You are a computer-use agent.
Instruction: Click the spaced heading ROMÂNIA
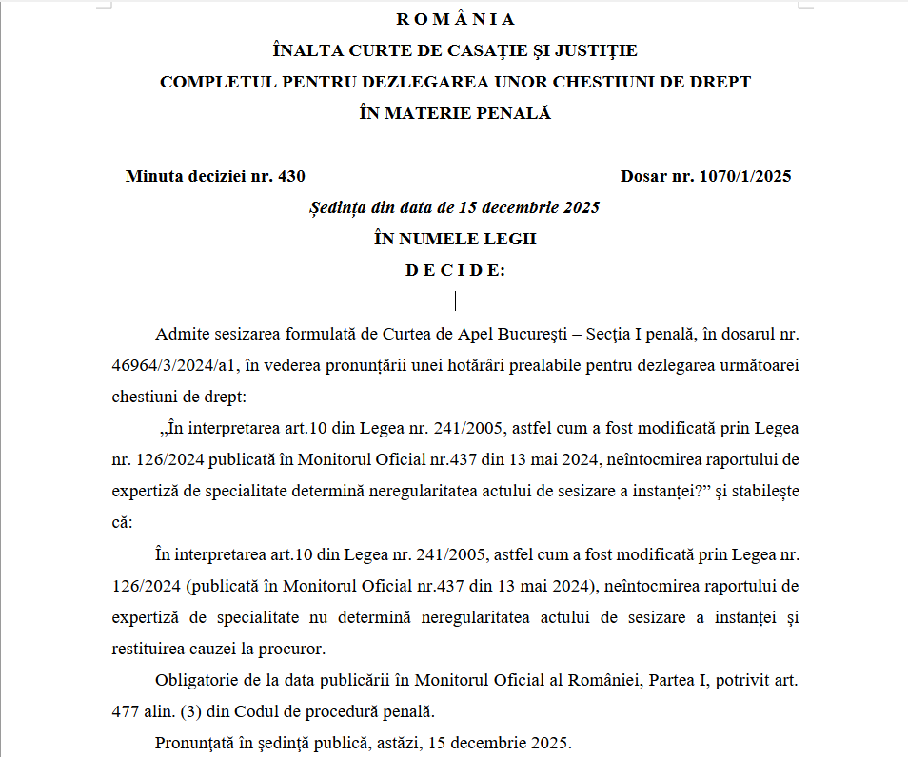point(455,19)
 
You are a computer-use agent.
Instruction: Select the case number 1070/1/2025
point(744,176)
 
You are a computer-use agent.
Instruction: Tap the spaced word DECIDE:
point(455,270)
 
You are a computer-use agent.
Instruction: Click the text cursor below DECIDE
point(455,301)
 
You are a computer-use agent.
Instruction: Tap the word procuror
point(292,649)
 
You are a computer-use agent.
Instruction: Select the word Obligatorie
point(197,680)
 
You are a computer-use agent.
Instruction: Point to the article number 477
point(127,710)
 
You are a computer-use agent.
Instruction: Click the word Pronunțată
point(193,742)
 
